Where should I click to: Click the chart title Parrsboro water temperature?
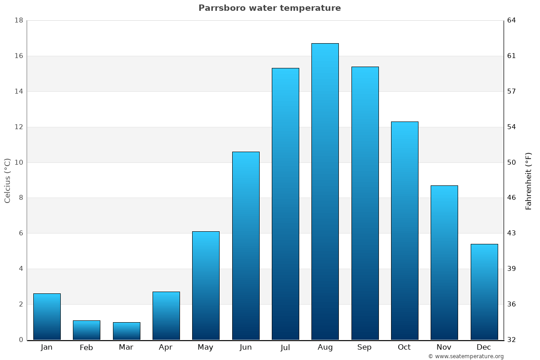click(270, 8)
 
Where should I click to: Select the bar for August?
click(325, 191)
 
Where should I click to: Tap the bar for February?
click(86, 330)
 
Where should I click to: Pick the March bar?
click(126, 331)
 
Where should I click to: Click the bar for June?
click(246, 246)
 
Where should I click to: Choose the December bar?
click(484, 292)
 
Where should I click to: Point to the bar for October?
click(405, 230)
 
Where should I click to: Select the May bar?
click(206, 285)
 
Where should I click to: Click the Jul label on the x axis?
click(285, 347)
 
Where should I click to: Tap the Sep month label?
click(364, 347)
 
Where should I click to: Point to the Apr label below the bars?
click(166, 347)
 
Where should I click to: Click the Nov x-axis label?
click(444, 347)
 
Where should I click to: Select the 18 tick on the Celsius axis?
click(19, 21)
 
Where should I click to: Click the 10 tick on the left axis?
click(19, 162)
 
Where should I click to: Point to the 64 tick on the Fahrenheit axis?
click(512, 21)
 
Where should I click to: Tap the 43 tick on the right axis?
click(512, 233)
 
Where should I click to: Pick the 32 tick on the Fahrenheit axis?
click(512, 340)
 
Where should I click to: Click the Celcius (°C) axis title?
click(8, 180)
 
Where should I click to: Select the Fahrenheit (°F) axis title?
click(529, 180)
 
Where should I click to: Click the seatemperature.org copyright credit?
click(466, 356)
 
